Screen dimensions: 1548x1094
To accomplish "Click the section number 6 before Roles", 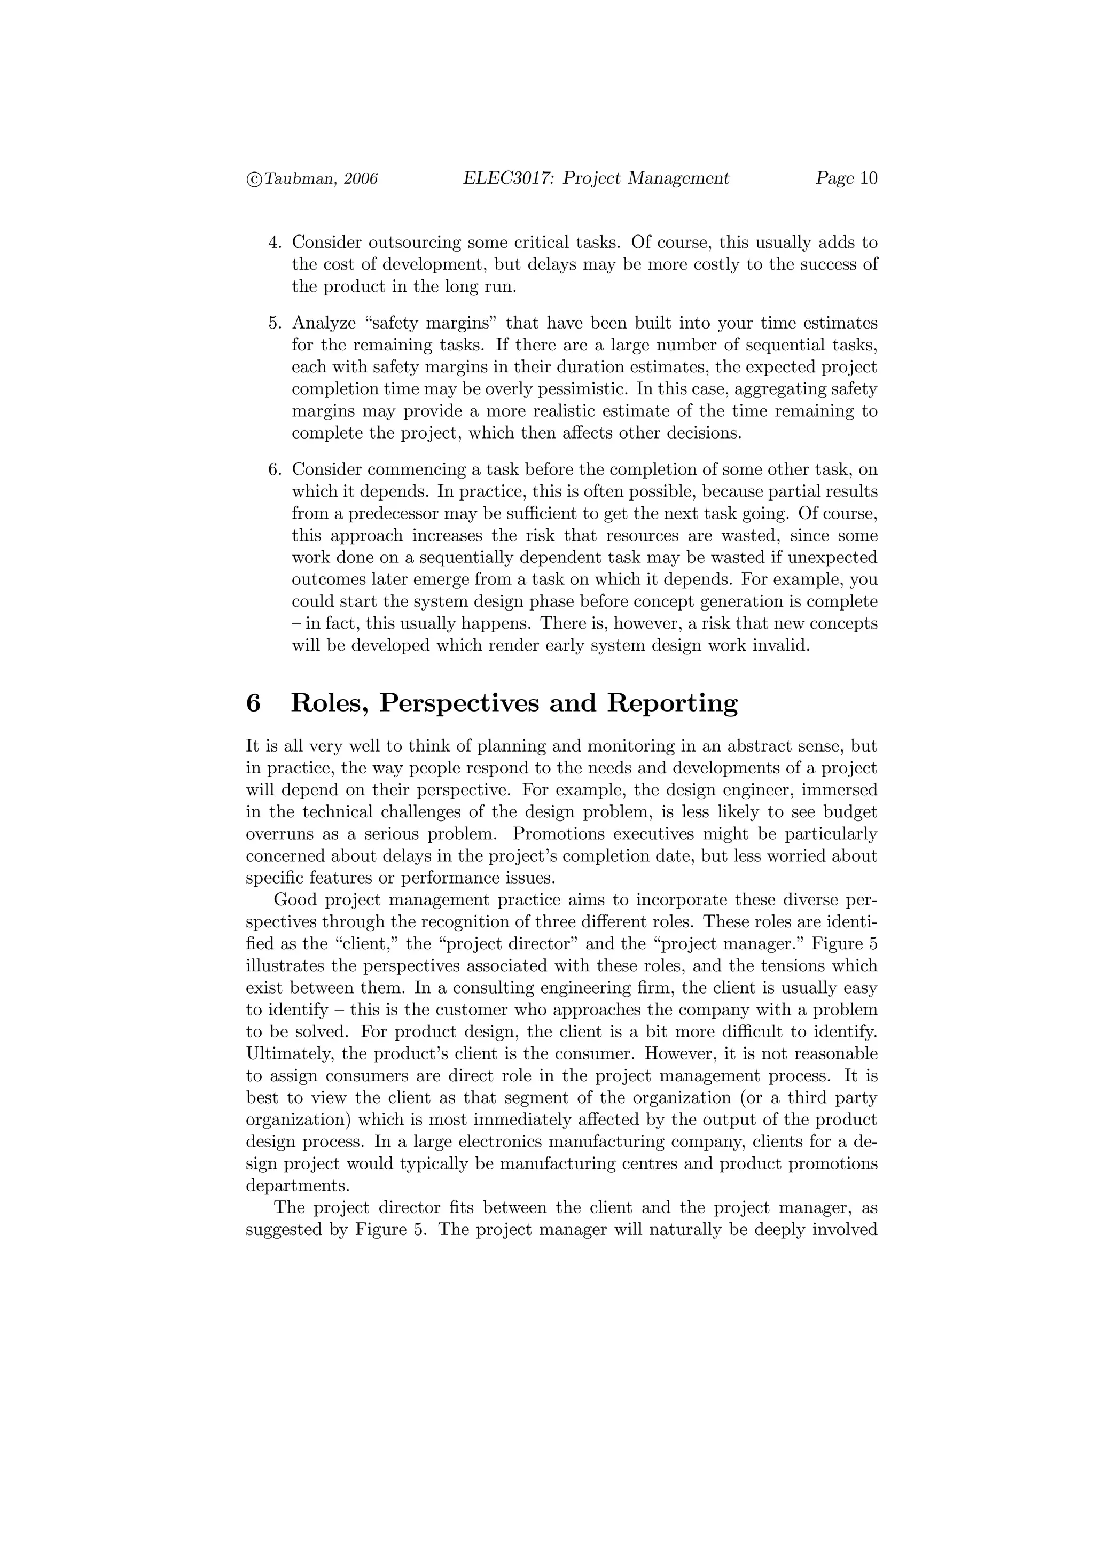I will (253, 703).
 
